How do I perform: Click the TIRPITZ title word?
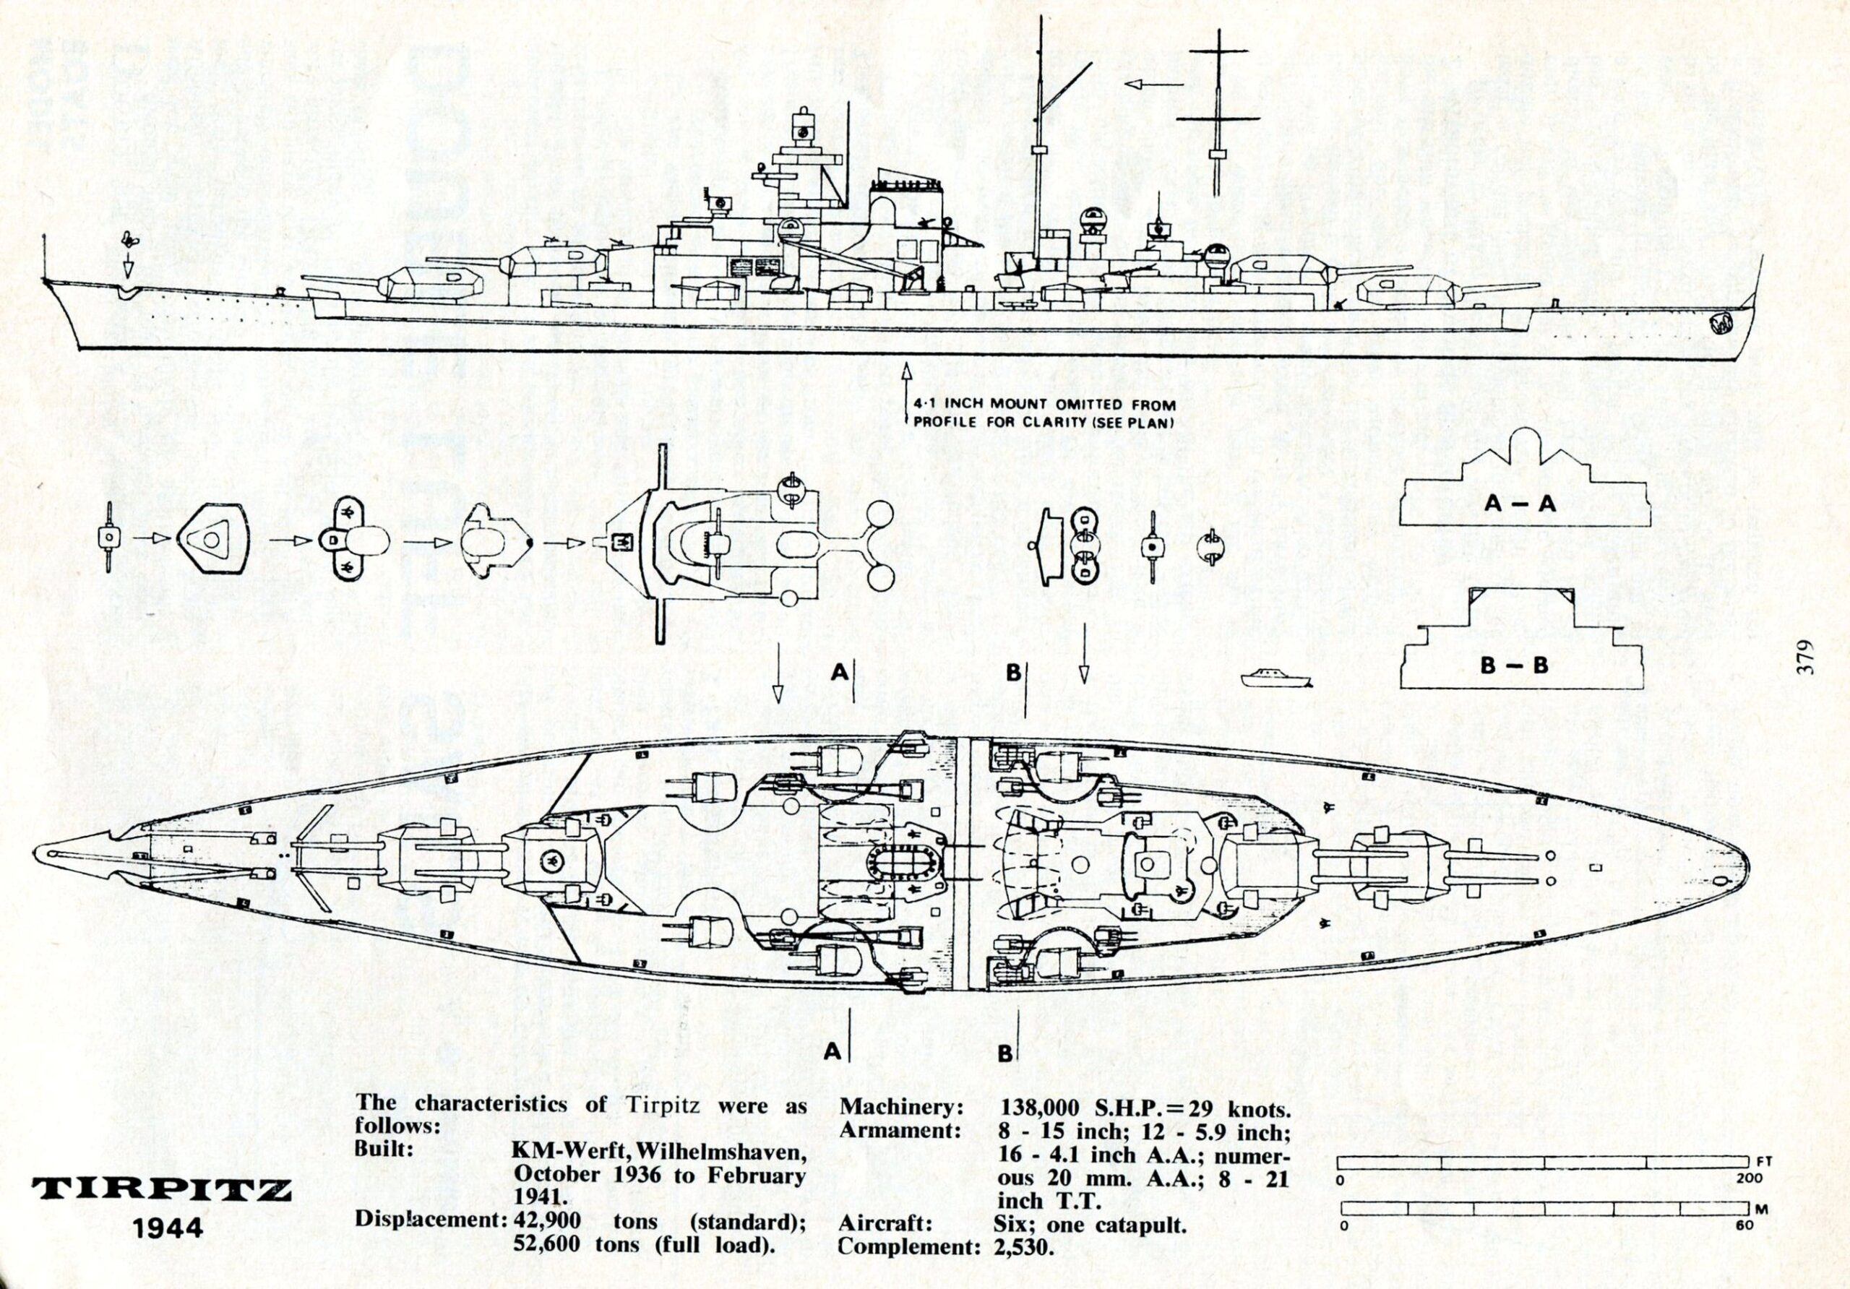tap(161, 1189)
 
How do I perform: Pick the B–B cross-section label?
tap(1514, 665)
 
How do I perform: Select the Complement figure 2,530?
tap(1024, 1247)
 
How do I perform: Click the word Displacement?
tap(428, 1220)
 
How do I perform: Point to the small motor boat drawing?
tap(1277, 678)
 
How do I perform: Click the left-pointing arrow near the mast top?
tap(1153, 85)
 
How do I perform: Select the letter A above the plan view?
tap(839, 671)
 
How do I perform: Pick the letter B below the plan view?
tap(1004, 1053)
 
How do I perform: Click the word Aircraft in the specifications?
tap(885, 1224)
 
